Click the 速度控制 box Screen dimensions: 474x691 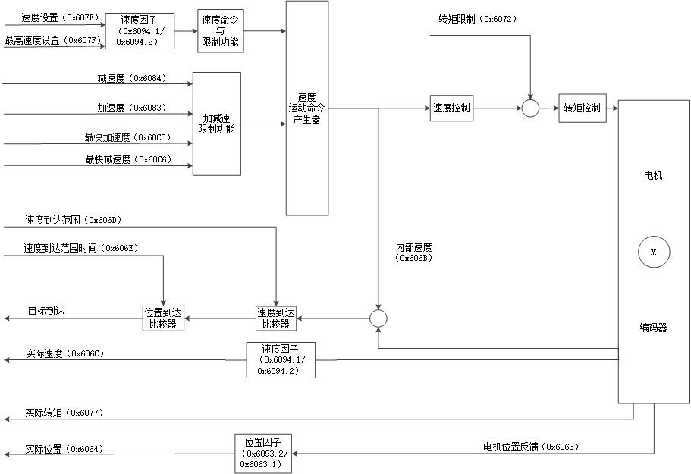[451, 108]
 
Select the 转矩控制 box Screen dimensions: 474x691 [582, 108]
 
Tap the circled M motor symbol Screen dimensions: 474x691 [653, 253]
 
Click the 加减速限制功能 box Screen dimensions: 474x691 [216, 124]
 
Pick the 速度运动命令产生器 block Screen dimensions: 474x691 [306, 108]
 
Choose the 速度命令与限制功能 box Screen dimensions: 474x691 [221, 30]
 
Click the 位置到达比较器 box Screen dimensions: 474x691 [163, 318]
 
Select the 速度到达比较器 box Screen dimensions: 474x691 [275, 318]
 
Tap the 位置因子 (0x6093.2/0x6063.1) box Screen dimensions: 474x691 [262, 453]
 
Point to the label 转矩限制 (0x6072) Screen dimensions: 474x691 [477, 19]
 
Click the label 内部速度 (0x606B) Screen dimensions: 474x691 [414, 253]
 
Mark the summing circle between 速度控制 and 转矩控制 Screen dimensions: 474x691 [530, 108]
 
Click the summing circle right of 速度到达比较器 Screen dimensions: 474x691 [378, 318]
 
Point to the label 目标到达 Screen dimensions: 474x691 [46, 311]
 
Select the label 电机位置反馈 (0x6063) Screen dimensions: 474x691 [531, 447]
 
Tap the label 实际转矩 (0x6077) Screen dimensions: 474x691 [64, 413]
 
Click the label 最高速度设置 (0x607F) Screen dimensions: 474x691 [52, 40]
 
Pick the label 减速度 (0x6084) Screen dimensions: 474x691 [131, 78]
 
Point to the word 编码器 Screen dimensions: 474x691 [653, 328]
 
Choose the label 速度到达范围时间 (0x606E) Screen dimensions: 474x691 [80, 248]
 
